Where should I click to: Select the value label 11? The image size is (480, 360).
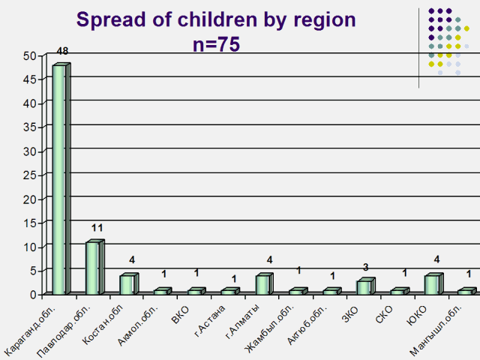[x=97, y=228]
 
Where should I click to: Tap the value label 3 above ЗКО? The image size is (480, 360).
[x=366, y=267]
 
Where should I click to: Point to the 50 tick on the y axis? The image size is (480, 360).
[x=30, y=56]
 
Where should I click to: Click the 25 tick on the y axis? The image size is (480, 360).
[x=30, y=175]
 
